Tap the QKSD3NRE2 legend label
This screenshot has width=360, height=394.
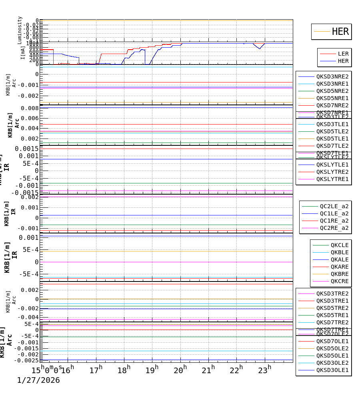tap(332, 76)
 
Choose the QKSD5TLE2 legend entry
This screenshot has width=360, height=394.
tap(332, 131)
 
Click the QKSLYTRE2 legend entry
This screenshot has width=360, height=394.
tap(332, 172)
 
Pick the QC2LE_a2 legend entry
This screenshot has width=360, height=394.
tap(334, 206)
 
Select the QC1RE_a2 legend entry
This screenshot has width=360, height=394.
tap(334, 221)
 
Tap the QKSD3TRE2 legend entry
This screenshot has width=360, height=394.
tap(332, 293)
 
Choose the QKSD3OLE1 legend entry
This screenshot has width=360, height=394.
tap(332, 370)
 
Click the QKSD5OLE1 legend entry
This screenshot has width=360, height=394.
tap(332, 356)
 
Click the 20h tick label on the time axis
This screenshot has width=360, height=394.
tap(180, 370)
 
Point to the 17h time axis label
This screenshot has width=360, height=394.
tap(96, 370)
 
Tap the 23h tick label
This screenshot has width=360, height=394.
tap(264, 370)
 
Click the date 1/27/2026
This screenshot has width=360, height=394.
tap(38, 380)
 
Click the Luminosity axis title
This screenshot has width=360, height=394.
tap(20, 30)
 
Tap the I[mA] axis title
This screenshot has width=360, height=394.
tap(23, 53)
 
